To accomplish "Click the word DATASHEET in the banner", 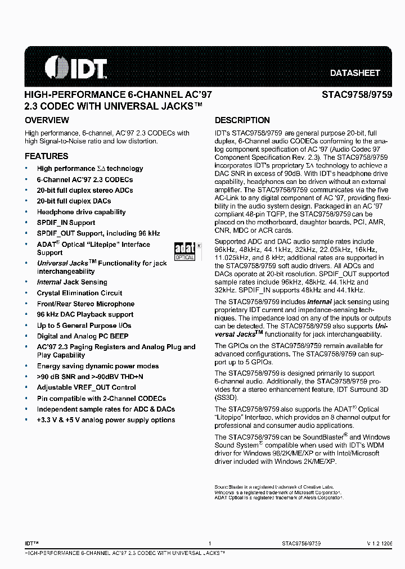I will click(354, 73).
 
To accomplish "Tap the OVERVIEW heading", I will click(47, 120).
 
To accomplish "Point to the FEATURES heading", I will click(46, 156).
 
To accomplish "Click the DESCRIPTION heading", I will click(242, 120).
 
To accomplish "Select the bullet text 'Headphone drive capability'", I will click(81, 212).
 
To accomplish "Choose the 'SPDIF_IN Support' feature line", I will click(66, 223).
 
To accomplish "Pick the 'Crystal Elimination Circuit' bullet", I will click(79, 293).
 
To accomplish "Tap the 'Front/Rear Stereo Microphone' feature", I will click(85, 304).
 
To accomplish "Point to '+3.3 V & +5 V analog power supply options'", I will click(106, 420).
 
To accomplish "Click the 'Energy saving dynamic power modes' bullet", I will click(97, 366).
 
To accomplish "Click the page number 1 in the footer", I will click(209, 544).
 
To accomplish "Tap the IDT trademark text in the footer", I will click(31, 544).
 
